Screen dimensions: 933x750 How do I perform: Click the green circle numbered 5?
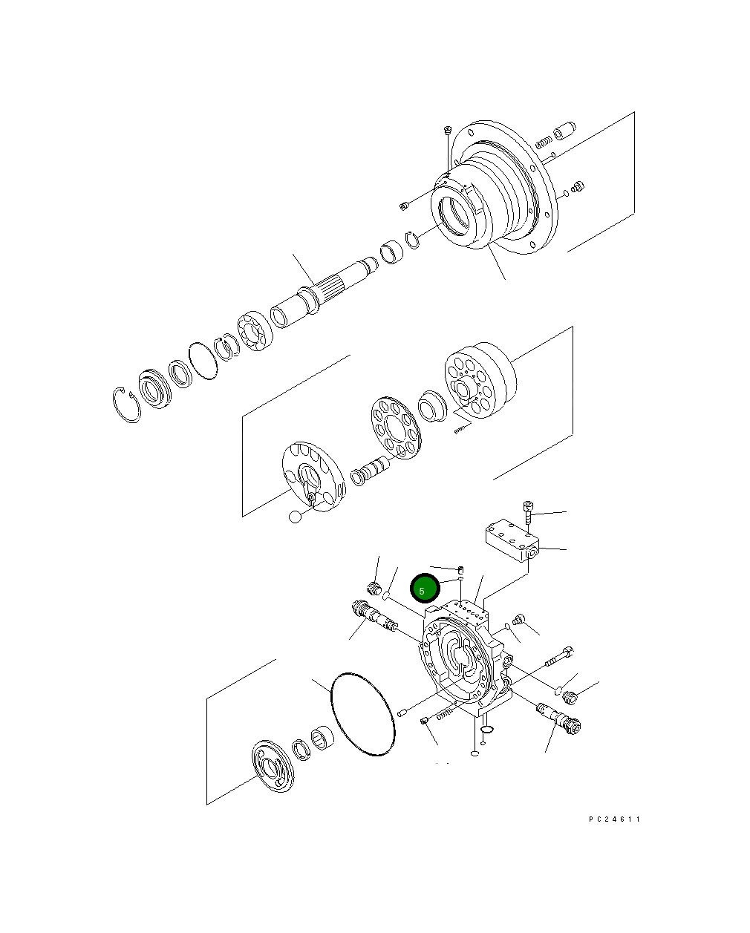coord(425,590)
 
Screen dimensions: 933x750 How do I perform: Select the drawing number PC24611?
coord(613,819)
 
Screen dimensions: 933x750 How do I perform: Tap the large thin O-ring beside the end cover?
coord(362,714)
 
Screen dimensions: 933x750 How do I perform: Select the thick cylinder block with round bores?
coord(479,388)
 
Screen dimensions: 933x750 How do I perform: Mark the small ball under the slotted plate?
coord(296,517)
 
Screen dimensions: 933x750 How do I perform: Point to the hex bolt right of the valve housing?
coord(560,657)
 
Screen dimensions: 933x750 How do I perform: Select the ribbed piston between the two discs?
coord(369,471)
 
